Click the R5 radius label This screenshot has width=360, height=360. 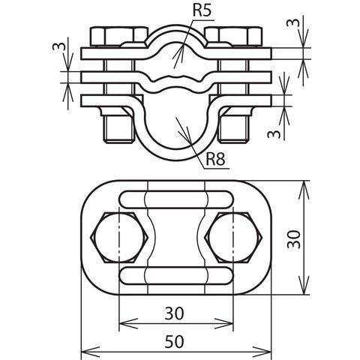coord(202,10)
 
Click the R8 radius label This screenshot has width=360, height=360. coord(215,159)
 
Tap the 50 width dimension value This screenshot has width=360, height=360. coord(174,342)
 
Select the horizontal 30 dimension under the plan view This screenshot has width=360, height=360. coord(174,313)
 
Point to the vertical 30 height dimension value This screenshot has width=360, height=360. coord(293,239)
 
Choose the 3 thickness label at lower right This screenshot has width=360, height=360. coord(274,134)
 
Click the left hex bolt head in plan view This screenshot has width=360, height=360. coord(119,238)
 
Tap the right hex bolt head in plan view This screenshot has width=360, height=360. coord(233,238)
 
